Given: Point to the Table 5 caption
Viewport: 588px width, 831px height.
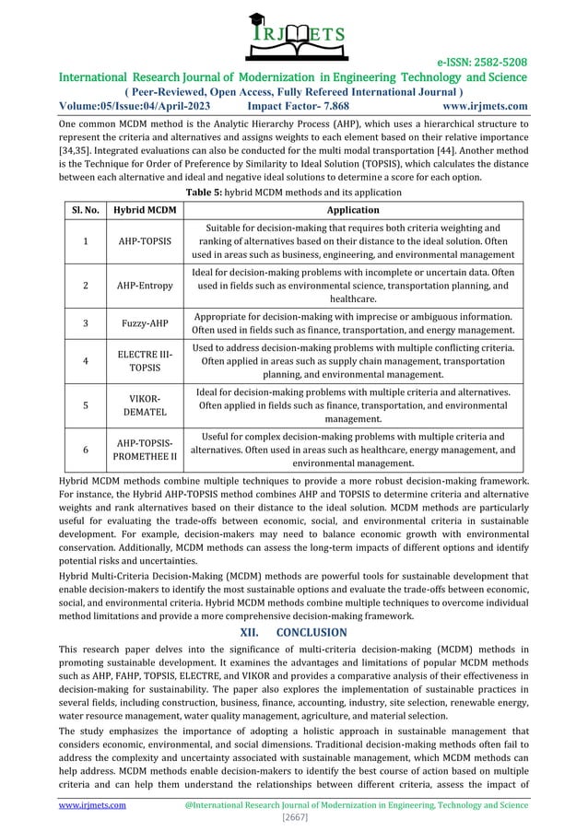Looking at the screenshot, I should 293,193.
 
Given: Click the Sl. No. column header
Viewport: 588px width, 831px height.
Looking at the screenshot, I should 84,210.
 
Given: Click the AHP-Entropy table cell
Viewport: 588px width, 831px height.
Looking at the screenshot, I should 145,286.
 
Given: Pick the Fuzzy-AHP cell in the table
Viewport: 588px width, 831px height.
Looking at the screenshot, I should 145,324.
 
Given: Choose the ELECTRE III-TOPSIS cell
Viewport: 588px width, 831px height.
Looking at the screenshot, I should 145,362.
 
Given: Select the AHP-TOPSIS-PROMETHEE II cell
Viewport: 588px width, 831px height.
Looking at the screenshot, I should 145,450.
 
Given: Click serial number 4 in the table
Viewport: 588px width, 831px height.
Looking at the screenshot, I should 84,362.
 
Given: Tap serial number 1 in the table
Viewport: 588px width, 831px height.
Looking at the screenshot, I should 84,241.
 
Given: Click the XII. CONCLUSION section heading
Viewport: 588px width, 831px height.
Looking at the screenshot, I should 293,633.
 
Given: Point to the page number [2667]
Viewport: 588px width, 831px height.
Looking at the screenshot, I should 293,817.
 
